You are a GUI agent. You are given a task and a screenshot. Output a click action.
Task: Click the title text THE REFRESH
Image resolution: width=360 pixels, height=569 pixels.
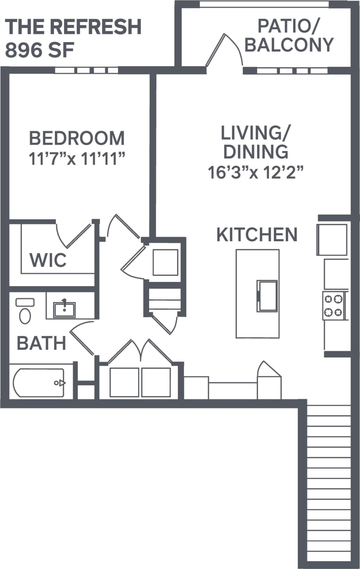coord(73,27)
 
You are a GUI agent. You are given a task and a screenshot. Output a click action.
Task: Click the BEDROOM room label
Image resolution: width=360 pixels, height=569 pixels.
coord(77,138)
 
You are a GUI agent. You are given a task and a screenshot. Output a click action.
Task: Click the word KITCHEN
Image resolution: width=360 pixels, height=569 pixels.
coord(257,234)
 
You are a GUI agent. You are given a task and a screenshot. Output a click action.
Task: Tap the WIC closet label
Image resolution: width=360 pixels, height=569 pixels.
coord(48,260)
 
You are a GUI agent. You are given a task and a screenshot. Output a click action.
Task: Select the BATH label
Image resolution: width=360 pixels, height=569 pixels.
coord(42,343)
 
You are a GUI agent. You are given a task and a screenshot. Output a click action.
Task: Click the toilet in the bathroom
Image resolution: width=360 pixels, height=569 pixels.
coord(25,312)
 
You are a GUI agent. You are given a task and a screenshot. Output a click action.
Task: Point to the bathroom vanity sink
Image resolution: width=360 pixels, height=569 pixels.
coord(64,309)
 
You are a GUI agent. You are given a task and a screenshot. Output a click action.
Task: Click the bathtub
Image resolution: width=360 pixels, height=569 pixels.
coord(39,383)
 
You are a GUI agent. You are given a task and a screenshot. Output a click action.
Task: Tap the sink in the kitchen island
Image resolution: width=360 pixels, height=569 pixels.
coord(267,296)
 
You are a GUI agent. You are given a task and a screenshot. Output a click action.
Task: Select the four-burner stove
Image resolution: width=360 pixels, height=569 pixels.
coord(333,306)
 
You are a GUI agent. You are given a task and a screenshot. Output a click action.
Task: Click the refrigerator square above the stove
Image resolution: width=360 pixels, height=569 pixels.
coord(332,239)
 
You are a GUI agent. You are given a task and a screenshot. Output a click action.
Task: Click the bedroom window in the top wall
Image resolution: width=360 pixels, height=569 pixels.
coord(86,70)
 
